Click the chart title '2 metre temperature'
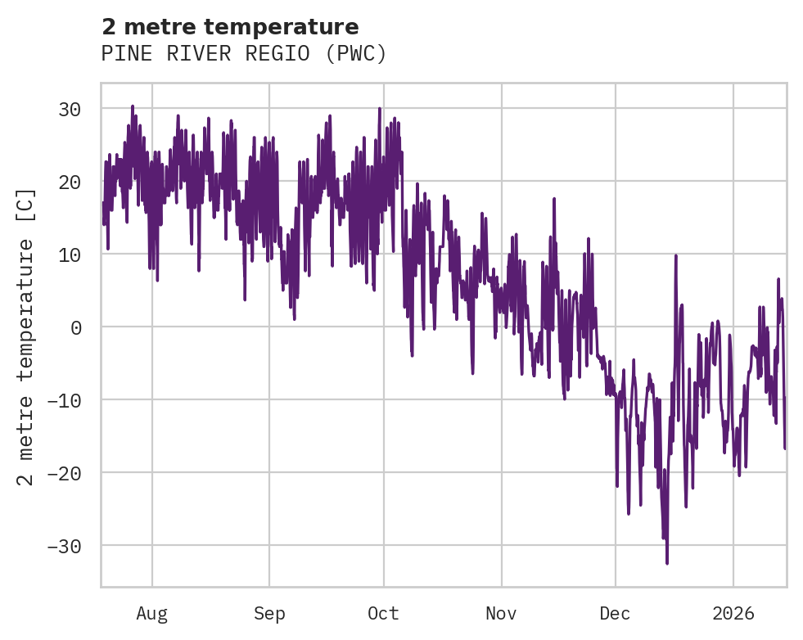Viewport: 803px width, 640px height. [x=230, y=27]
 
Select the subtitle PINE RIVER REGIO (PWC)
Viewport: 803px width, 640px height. [x=243, y=54]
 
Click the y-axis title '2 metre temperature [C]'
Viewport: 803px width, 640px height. [x=26, y=336]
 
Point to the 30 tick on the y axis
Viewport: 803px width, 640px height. [x=74, y=109]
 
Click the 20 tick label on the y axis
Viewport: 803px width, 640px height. [x=74, y=182]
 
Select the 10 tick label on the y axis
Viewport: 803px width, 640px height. [x=74, y=255]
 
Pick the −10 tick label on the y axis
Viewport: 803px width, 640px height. [x=70, y=400]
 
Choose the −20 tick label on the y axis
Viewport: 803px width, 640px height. [x=70, y=473]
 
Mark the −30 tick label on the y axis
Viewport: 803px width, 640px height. [x=70, y=546]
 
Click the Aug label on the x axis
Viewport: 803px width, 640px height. [x=152, y=612]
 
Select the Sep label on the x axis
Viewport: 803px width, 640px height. [x=269, y=612]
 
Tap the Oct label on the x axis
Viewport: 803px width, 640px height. [x=383, y=612]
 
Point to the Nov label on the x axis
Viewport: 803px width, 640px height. [x=501, y=612]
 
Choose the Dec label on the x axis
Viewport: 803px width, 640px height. [x=616, y=612]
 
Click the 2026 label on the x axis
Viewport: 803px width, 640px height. [x=733, y=612]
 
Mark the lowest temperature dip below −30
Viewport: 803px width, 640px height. [x=667, y=562]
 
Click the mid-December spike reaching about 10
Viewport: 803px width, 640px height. [x=676, y=256]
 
